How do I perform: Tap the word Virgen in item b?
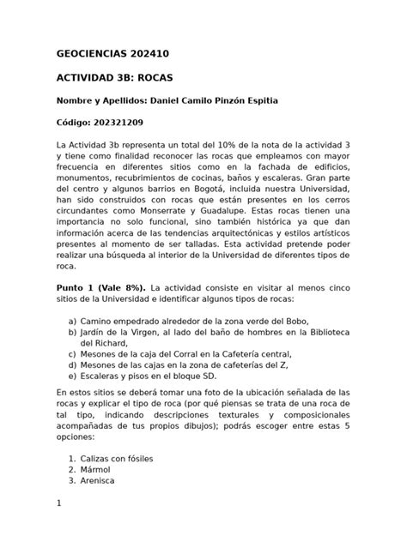click(136, 332)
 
